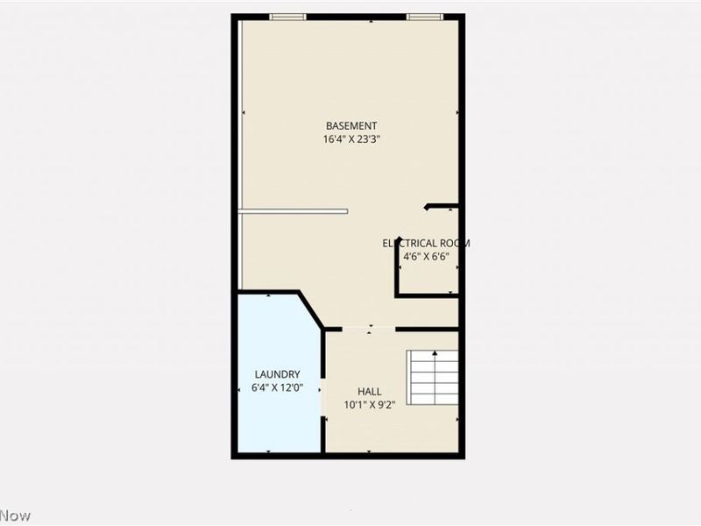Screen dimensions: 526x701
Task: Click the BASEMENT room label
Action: (351, 125)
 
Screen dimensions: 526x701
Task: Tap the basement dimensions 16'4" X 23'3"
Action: (351, 139)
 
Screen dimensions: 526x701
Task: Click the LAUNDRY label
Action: (277, 373)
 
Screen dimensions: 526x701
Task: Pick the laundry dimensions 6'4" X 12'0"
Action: (277, 387)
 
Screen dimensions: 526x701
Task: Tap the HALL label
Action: (370, 391)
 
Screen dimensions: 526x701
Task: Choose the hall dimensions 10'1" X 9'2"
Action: (370, 404)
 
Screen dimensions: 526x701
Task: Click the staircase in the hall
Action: (434, 376)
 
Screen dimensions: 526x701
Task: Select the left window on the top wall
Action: (287, 16)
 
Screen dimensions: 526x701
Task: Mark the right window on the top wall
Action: (424, 16)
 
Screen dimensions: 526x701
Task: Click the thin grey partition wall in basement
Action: (294, 210)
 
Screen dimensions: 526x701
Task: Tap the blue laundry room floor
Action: (276, 421)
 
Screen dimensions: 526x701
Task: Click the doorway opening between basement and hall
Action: (360, 329)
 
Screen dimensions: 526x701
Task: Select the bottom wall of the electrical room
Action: (427, 296)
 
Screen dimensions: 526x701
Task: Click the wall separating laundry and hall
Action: (323, 394)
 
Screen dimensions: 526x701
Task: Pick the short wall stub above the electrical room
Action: (442, 207)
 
